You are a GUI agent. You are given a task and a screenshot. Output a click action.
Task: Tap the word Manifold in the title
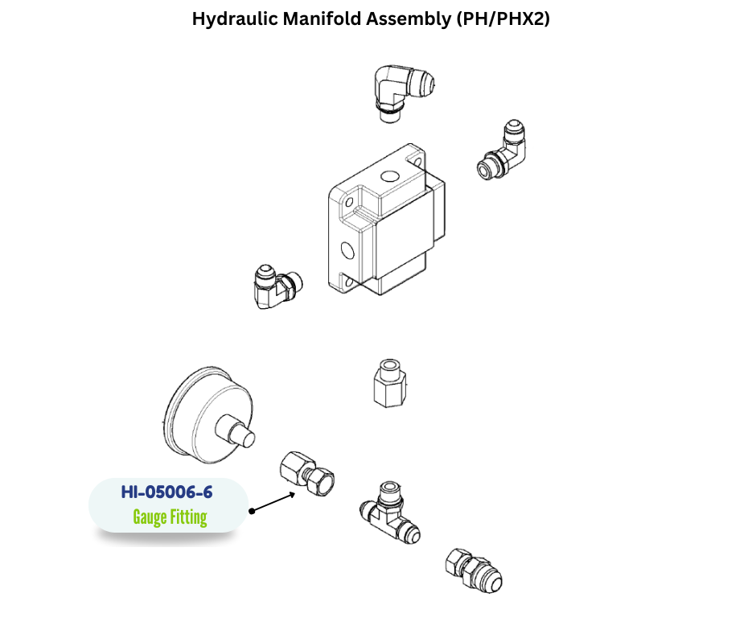click(320, 19)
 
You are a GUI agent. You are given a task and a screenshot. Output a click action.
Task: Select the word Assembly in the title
click(408, 19)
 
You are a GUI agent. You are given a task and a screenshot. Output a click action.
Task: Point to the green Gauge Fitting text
click(170, 517)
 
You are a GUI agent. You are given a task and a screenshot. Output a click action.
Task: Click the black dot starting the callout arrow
click(252, 511)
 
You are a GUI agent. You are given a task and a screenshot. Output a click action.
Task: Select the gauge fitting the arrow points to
click(306, 473)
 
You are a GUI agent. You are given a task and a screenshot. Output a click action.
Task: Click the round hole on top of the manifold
click(389, 176)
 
